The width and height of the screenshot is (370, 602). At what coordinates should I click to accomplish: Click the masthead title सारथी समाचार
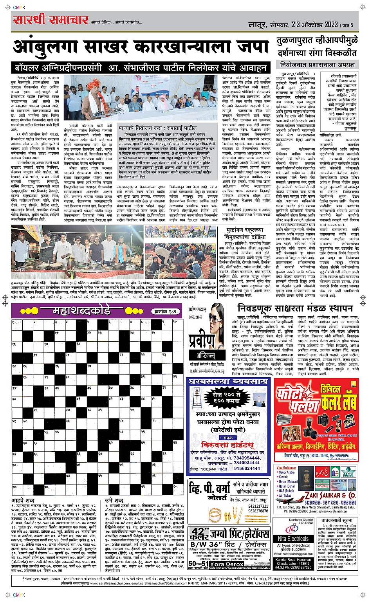[51, 20]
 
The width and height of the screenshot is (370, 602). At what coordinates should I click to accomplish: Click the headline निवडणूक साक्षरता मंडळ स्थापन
[295, 308]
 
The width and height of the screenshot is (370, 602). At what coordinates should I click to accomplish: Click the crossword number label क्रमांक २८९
[164, 312]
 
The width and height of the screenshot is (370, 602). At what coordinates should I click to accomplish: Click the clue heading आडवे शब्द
[23, 500]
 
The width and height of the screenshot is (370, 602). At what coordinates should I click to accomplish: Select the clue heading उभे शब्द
[114, 500]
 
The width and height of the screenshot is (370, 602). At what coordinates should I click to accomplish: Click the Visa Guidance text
[286, 467]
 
